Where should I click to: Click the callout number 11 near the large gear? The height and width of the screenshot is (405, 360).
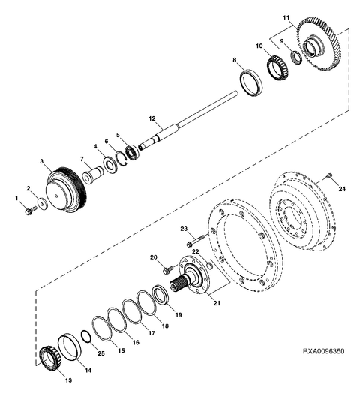(286, 17)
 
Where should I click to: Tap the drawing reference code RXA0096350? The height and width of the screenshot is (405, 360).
(323, 351)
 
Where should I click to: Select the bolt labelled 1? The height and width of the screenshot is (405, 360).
(31, 210)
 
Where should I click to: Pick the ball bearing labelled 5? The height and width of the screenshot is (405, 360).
(133, 152)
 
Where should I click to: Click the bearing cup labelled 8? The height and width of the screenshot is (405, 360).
(251, 82)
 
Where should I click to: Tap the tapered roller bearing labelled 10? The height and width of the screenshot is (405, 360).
(277, 67)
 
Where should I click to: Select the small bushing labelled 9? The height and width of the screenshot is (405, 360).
(296, 58)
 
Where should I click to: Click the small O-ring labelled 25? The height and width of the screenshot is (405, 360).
(85, 336)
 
